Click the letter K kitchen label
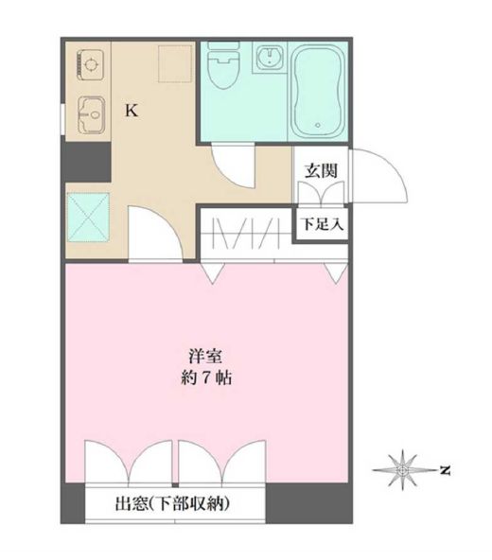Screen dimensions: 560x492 [x=132, y=110]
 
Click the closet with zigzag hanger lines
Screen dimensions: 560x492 [x=243, y=234]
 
